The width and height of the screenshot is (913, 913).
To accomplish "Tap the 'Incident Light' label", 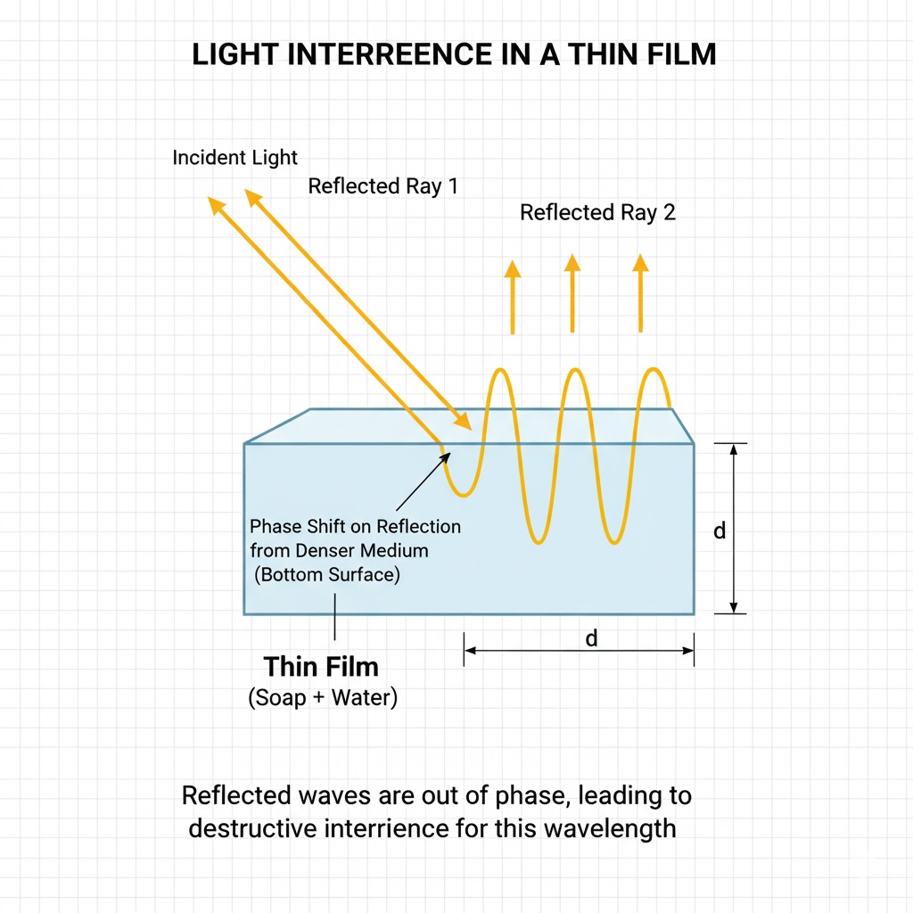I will tap(234, 158).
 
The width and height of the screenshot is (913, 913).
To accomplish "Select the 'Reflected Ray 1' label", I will tap(382, 186).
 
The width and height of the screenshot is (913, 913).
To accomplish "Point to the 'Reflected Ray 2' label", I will tap(597, 212).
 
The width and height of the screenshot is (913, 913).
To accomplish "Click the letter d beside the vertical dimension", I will tap(720, 531).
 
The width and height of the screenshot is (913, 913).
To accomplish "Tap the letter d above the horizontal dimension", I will tap(590, 638).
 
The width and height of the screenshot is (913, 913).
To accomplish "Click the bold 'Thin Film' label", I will tap(321, 667).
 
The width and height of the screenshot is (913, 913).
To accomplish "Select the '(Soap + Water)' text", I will tap(322, 697).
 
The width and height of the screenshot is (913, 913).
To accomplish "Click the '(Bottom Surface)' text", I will tap(327, 574).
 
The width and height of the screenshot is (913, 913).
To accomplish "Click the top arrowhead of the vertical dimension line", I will tap(733, 449).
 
